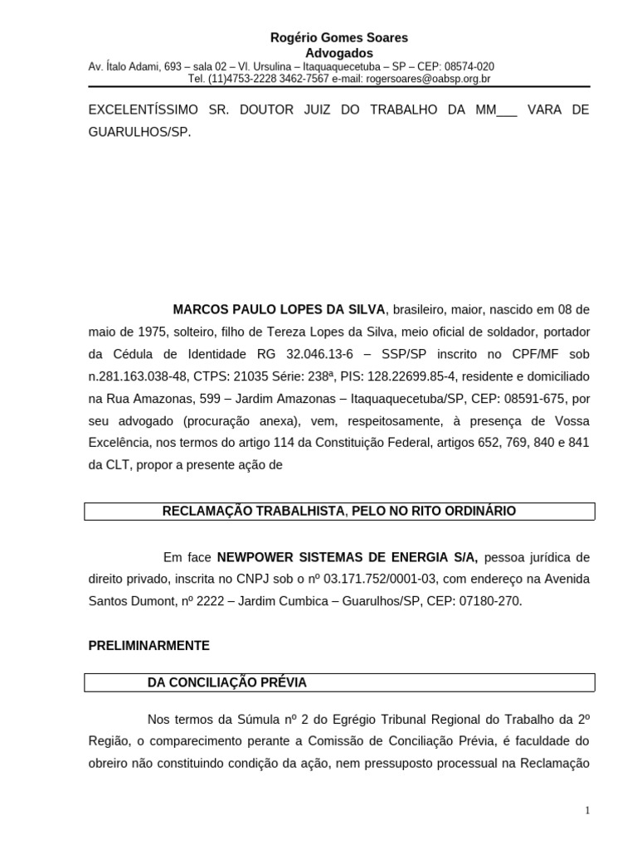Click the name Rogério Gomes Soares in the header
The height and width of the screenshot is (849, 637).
(339, 38)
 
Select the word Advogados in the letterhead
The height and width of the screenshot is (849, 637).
(339, 53)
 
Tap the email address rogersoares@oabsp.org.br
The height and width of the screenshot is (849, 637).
(423, 79)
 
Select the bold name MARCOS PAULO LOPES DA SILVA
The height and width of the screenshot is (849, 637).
(279, 309)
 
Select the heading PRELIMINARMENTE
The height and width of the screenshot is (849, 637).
(149, 645)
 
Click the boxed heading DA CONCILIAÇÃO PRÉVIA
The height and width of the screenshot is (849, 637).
(226, 682)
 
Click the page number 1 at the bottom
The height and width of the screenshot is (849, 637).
(587, 811)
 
